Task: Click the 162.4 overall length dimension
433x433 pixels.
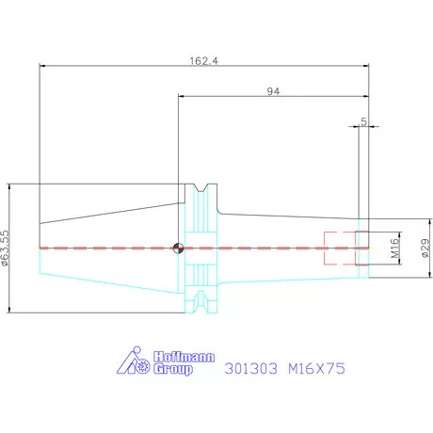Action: [204, 60]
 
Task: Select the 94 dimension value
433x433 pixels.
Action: [273, 91]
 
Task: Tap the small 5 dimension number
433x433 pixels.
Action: [363, 121]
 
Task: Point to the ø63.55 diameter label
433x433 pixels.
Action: [6, 249]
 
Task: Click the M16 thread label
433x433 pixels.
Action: [395, 248]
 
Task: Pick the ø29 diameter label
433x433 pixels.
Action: [425, 248]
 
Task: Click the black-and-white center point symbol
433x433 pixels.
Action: [178, 249]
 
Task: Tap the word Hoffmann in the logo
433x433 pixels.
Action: [184, 357]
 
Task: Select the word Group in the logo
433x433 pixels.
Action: [173, 369]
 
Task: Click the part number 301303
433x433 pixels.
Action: [251, 368]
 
